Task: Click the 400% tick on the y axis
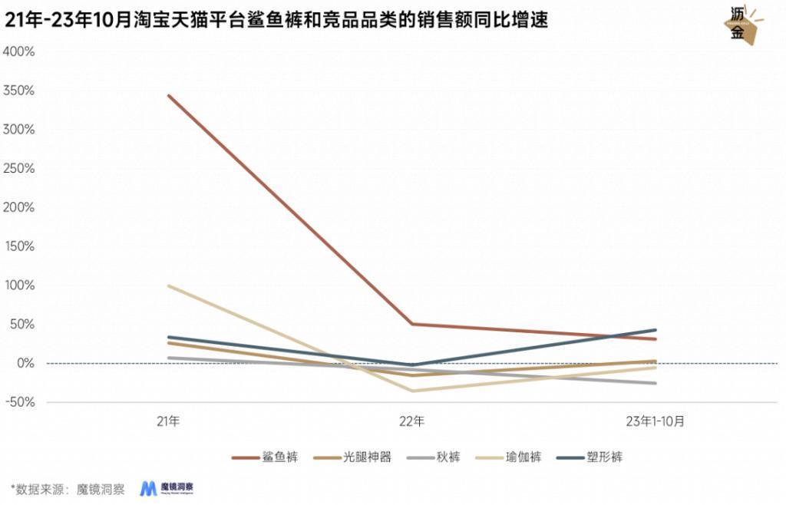19,51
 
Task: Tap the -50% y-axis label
21,402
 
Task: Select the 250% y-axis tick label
19,169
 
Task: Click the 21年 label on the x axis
168,421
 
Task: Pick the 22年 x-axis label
411,421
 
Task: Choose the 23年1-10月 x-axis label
655,421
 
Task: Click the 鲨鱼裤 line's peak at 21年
169,95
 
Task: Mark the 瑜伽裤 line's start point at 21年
169,286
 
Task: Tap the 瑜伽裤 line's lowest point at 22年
412,391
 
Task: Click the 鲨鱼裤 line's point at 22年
412,324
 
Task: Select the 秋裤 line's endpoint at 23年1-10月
656,383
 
